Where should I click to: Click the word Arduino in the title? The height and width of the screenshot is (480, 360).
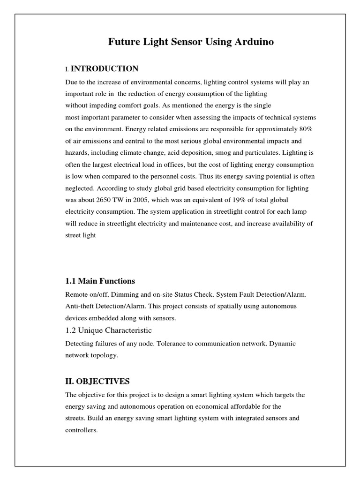(251, 42)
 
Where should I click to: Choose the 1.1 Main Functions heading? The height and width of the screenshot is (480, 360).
(100, 281)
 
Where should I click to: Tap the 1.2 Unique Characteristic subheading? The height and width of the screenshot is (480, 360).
(109, 330)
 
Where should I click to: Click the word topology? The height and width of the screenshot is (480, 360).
(105, 355)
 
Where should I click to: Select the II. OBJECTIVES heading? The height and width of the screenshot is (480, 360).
(97, 381)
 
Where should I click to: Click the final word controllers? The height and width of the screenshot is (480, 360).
(82, 430)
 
